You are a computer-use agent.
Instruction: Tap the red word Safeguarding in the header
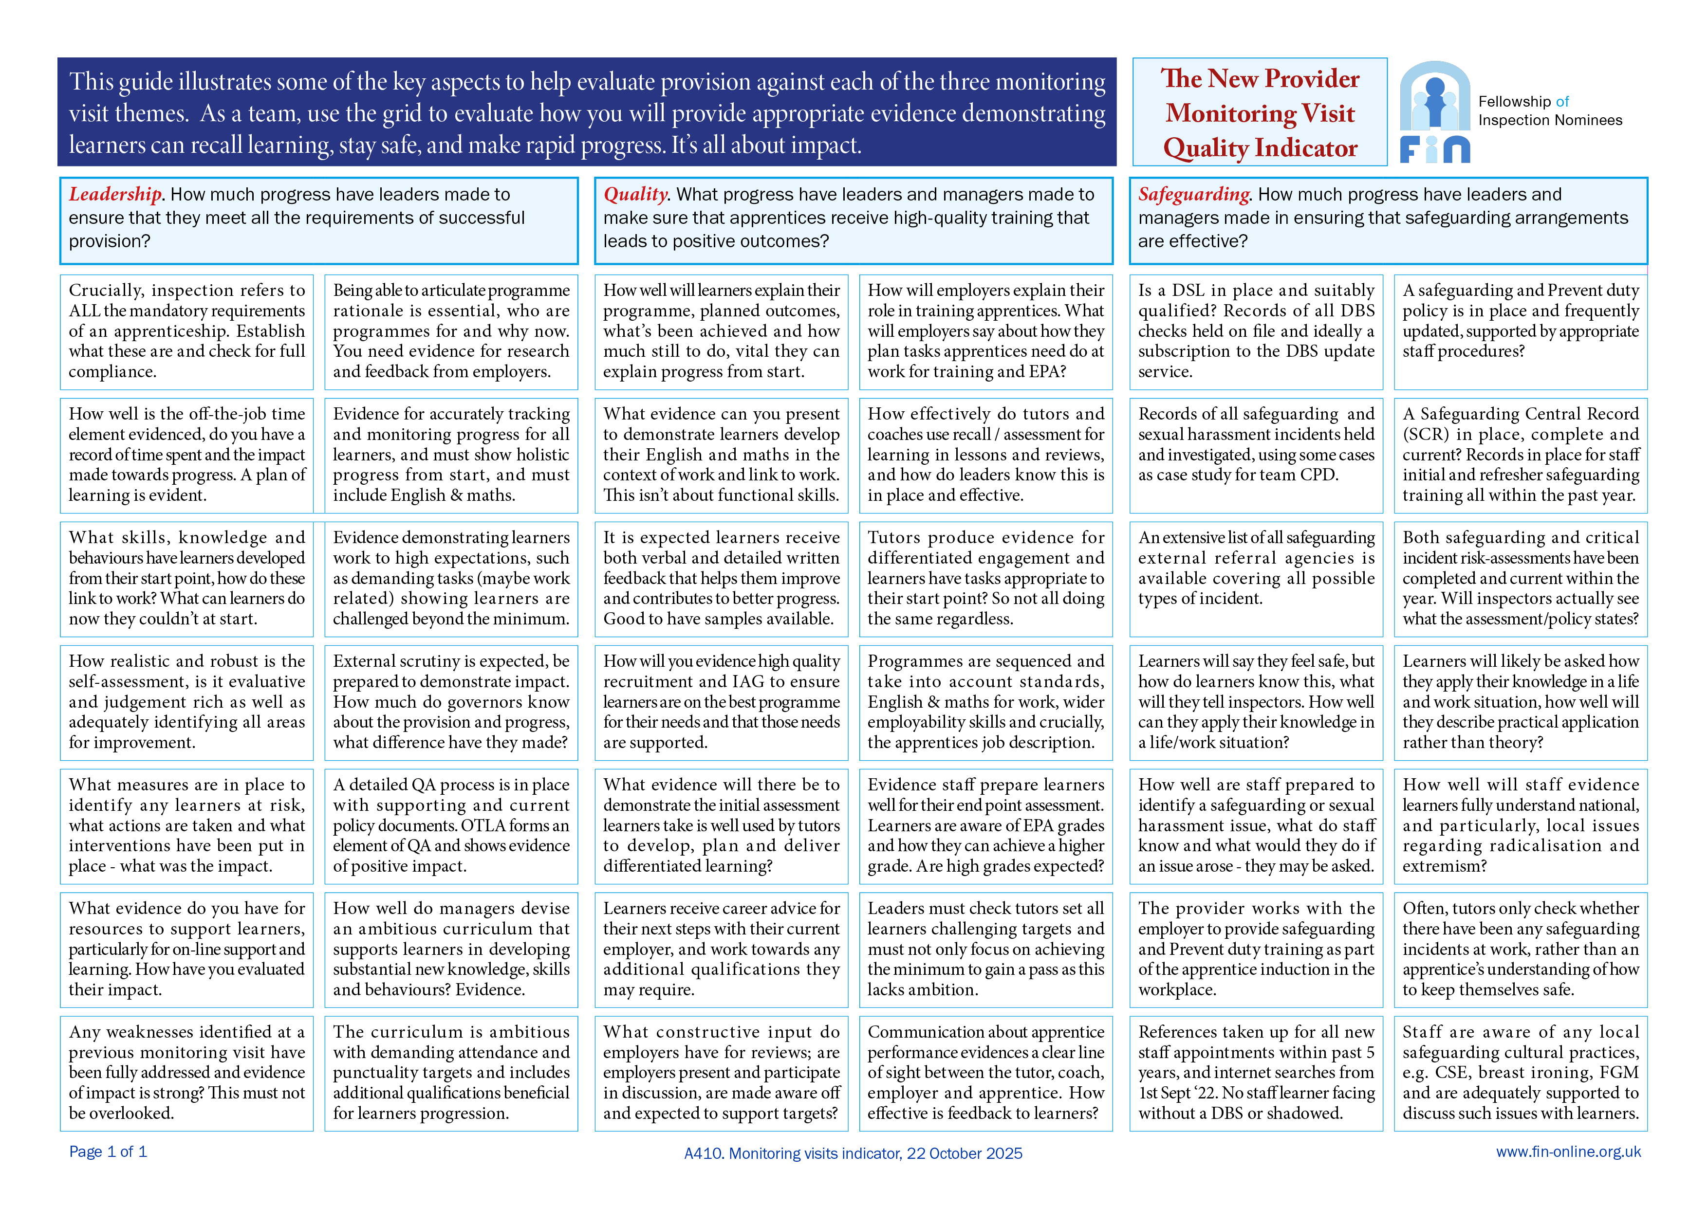click(1193, 194)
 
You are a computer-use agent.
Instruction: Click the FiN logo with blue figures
click(1434, 112)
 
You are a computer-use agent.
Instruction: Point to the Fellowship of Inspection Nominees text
click(1550, 111)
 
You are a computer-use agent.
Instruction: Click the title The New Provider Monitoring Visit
click(1260, 96)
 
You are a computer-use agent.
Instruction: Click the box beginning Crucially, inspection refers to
click(186, 332)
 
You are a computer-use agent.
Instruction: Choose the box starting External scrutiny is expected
click(451, 702)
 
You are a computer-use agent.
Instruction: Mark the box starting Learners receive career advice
click(721, 949)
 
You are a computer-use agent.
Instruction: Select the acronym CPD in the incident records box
click(1318, 475)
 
